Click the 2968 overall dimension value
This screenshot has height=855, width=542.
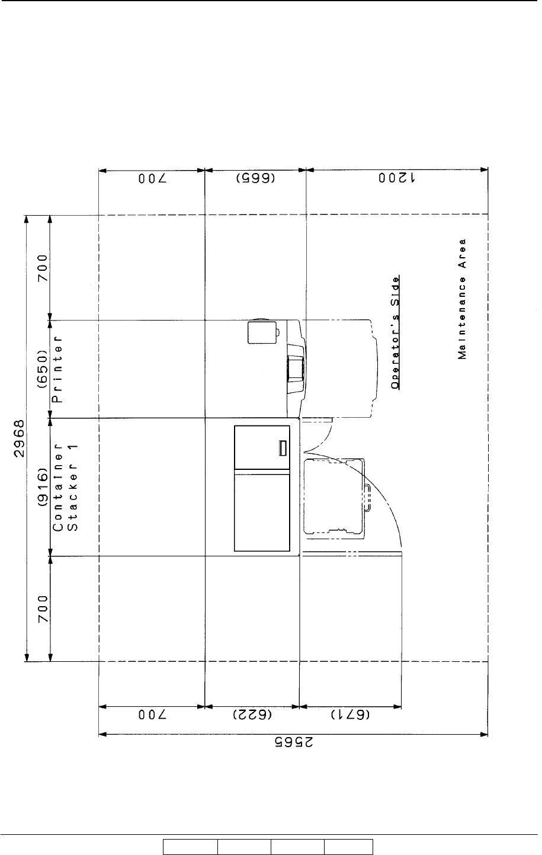click(x=19, y=438)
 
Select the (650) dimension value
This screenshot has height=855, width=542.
click(x=43, y=369)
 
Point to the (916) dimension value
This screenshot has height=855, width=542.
click(x=43, y=486)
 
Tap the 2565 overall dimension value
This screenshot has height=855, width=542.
click(x=294, y=742)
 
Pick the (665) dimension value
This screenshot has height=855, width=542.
click(x=255, y=178)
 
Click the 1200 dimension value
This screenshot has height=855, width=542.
click(x=397, y=178)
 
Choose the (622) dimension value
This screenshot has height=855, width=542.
click(x=252, y=715)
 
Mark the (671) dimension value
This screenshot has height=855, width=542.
click(x=350, y=715)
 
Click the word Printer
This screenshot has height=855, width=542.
click(x=57, y=369)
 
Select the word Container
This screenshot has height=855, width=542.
click(x=57, y=488)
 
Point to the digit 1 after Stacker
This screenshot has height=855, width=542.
click(x=72, y=447)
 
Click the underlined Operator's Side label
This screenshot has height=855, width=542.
click(x=396, y=332)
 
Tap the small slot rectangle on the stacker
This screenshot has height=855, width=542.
click(x=283, y=448)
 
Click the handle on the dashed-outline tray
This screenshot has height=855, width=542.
click(x=368, y=498)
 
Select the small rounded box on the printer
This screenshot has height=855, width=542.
click(x=262, y=332)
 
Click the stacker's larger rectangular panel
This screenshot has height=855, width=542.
click(x=262, y=513)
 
